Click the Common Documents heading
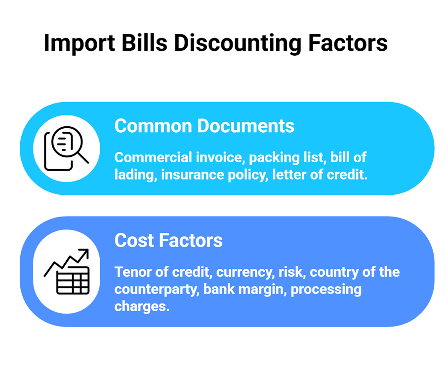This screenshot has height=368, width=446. (204, 126)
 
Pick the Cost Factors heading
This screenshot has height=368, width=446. (168, 241)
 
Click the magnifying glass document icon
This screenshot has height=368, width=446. (66, 148)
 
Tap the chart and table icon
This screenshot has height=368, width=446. (66, 272)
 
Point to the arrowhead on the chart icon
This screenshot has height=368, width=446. (84, 253)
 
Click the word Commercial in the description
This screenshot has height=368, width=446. (153, 158)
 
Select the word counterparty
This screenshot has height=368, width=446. (157, 289)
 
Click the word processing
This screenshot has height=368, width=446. (326, 289)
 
